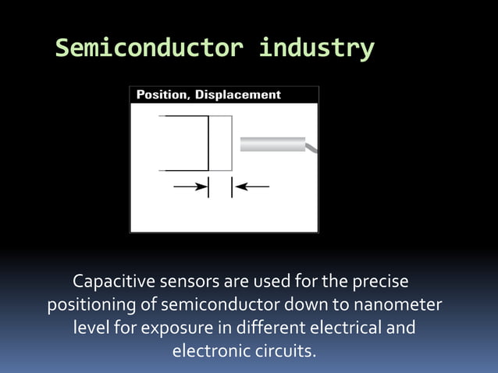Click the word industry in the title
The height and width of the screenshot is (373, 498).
(x=316, y=48)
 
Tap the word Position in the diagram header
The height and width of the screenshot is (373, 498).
(x=162, y=94)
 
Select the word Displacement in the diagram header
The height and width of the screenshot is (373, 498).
(x=237, y=94)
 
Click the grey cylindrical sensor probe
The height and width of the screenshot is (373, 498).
(x=272, y=144)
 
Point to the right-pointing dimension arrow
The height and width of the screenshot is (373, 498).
(x=190, y=186)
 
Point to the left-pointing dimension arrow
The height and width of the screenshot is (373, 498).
(x=252, y=186)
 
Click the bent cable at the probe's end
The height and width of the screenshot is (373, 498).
(x=311, y=147)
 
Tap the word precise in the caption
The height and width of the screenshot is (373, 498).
(x=380, y=279)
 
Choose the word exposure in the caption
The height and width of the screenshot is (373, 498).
(x=172, y=326)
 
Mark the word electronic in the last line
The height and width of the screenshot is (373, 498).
(x=206, y=350)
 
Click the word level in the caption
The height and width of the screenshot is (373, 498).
(x=91, y=326)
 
